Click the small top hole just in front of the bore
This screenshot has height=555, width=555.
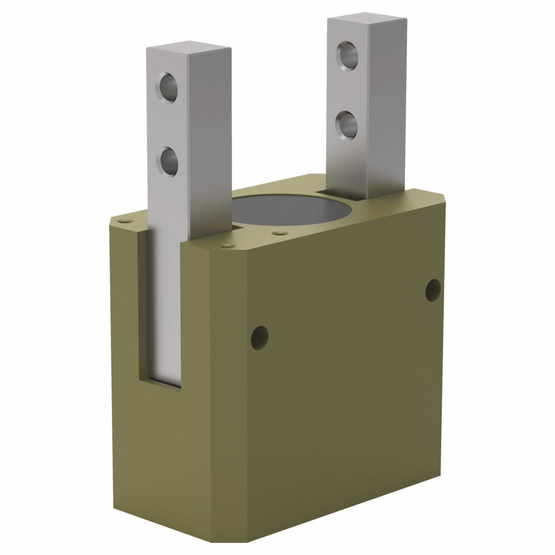[x=277, y=233]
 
